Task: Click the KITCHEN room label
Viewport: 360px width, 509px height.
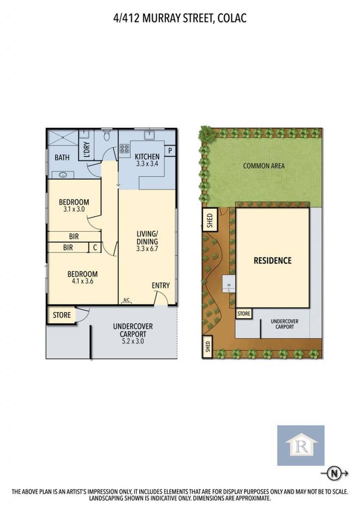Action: click(147, 157)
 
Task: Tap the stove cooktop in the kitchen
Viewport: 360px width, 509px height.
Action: click(124, 149)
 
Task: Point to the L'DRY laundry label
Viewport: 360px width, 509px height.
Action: click(87, 150)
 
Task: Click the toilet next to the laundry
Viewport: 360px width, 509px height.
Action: click(107, 135)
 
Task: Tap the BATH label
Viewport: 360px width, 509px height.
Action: click(62, 158)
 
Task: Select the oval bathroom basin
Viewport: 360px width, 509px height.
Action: click(63, 175)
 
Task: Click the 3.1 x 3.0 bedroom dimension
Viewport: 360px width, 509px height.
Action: click(74, 209)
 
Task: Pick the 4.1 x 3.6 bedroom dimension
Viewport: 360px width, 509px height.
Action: click(83, 281)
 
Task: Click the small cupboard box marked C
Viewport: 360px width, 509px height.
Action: click(95, 248)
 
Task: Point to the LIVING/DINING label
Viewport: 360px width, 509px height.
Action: click(147, 238)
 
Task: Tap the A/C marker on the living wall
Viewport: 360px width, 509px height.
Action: click(127, 300)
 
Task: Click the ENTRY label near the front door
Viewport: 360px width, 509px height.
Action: click(161, 285)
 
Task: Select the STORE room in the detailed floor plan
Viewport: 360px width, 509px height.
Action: click(62, 315)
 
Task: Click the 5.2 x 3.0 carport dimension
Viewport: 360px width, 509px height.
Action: click(133, 341)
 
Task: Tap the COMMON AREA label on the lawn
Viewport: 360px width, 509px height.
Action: click(264, 166)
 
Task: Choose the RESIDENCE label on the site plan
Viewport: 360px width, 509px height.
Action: click(272, 260)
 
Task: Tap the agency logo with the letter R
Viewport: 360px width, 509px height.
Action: click(301, 445)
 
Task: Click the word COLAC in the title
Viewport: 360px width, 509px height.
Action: click(232, 18)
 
